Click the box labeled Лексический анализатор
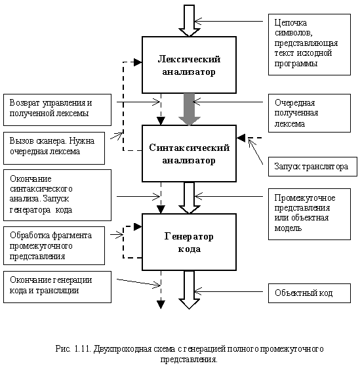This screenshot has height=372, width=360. [189, 65]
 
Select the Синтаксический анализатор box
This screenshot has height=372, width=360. [189, 154]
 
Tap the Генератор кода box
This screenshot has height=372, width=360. [189, 242]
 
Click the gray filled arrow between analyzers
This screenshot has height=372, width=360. [190, 110]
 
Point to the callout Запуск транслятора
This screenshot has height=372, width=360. [313, 167]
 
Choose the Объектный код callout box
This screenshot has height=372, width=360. [310, 293]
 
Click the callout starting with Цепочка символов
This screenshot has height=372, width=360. [310, 45]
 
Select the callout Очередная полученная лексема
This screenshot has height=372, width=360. [310, 113]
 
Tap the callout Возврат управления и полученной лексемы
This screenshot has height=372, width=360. [57, 110]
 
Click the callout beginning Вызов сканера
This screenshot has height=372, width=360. [54, 148]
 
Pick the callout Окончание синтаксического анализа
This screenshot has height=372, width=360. [57, 195]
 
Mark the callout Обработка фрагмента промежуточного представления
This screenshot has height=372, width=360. [54, 245]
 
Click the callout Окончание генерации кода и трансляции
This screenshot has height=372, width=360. [57, 287]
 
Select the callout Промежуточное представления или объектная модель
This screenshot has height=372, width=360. [310, 214]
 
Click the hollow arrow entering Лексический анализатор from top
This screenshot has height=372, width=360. [190, 20]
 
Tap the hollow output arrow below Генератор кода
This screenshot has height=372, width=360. [190, 290]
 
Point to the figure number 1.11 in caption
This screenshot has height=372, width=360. [83, 349]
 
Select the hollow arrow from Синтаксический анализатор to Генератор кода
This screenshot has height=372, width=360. [190, 198]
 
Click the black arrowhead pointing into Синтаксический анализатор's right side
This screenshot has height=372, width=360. [241, 138]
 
